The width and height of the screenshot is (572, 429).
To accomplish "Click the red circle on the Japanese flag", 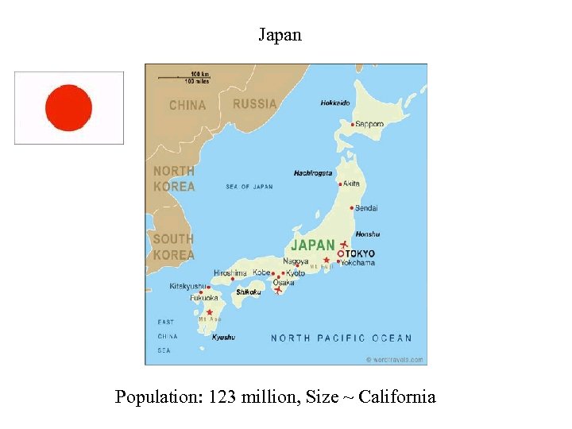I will pyautogui.click(x=69, y=108).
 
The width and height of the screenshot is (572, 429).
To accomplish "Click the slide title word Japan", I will pyautogui.click(x=280, y=35).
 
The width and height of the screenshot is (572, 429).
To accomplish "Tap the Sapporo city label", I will pyautogui.click(x=369, y=124).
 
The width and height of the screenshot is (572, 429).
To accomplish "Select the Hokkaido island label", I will pyautogui.click(x=335, y=102).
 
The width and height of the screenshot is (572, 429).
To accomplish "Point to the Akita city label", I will pyautogui.click(x=352, y=184).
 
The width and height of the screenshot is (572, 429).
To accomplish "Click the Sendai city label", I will pyautogui.click(x=366, y=208).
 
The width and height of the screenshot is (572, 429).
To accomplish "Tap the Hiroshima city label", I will pyautogui.click(x=230, y=272).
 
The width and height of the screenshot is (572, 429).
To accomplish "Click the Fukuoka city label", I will pyautogui.click(x=204, y=298).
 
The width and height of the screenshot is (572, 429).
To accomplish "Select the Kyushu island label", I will pyautogui.click(x=223, y=337).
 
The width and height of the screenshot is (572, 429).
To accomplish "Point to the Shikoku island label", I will pyautogui.click(x=248, y=292).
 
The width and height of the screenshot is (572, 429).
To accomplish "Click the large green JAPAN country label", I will pyautogui.click(x=313, y=245).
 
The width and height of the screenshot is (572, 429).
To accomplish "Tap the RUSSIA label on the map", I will pyautogui.click(x=255, y=104).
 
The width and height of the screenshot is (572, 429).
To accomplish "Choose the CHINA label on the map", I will pyautogui.click(x=187, y=105).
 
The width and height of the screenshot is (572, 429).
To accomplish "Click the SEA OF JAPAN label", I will pyautogui.click(x=249, y=187).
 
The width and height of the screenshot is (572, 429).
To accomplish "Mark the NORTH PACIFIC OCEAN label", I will pyautogui.click(x=342, y=338).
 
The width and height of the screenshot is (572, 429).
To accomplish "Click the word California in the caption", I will pyautogui.click(x=397, y=396).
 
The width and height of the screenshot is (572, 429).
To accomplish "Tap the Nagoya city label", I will pyautogui.click(x=296, y=261).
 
